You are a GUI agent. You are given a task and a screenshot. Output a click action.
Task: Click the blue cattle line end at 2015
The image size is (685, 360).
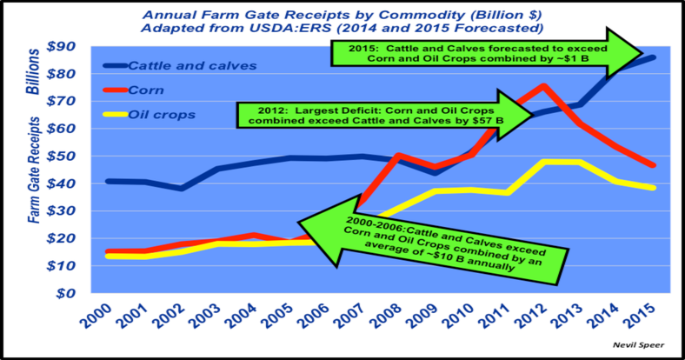pyautogui.click(x=653, y=57)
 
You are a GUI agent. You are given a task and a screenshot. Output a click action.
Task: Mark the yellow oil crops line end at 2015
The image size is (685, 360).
pyautogui.click(x=653, y=188)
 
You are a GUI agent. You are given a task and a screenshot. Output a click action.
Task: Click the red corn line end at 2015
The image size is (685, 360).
pyautogui.click(x=653, y=165)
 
